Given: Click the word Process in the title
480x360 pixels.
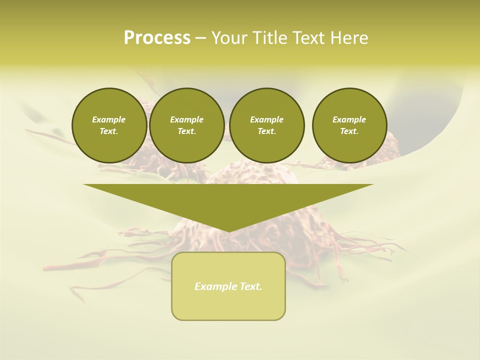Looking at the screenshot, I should coord(157,38).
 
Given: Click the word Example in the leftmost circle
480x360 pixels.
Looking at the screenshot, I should coord(109,119).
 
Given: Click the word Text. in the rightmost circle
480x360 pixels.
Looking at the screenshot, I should coord(349,131).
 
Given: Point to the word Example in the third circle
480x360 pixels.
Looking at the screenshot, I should coord(266,119).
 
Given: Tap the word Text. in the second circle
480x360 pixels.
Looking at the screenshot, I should coord(187,131).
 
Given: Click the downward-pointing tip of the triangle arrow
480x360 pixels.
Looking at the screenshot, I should coord(228,230).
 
